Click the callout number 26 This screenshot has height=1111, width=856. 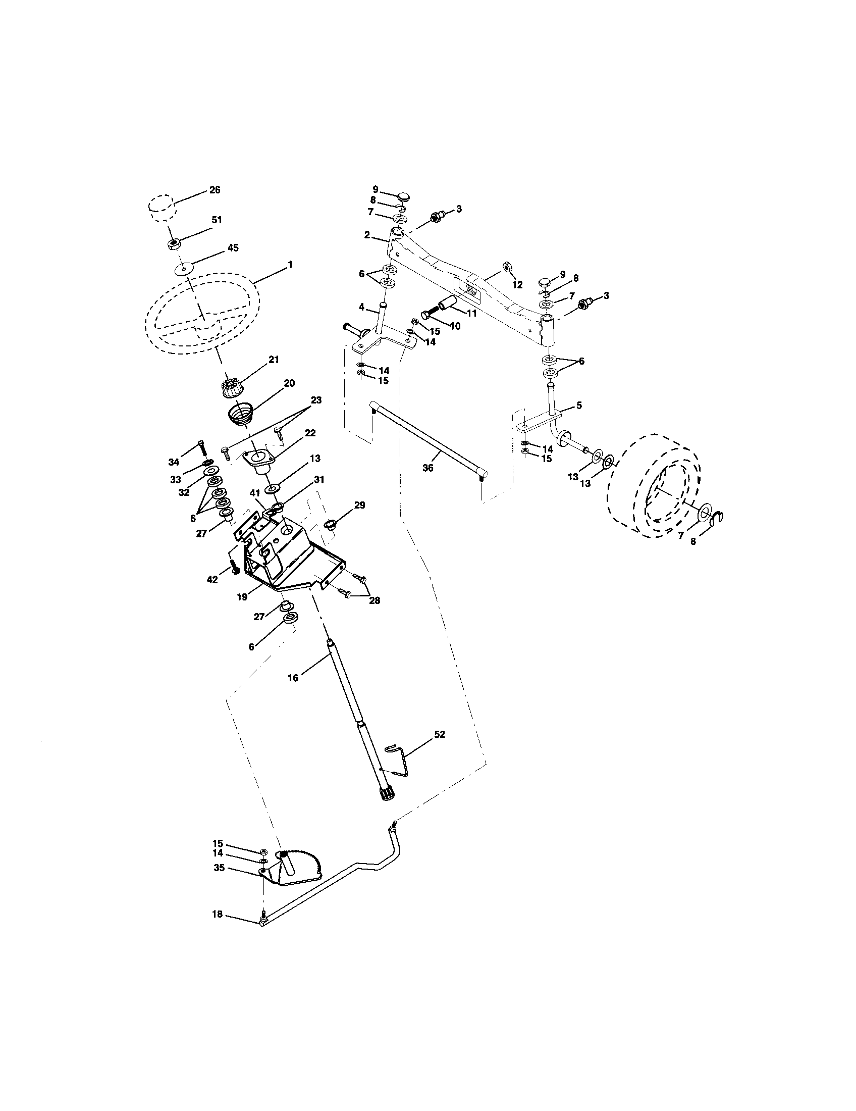(215, 190)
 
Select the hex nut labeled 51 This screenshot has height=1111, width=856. (174, 244)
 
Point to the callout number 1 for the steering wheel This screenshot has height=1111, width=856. (290, 265)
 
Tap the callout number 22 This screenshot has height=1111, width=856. (309, 433)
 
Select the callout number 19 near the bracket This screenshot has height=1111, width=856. (242, 597)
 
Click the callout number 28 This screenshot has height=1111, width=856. (375, 600)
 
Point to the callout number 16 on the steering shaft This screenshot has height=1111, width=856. (293, 677)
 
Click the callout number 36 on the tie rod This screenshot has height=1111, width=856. (428, 468)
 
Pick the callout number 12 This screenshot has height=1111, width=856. (517, 285)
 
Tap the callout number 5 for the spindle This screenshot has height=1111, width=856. (579, 406)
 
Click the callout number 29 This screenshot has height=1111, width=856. (359, 505)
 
